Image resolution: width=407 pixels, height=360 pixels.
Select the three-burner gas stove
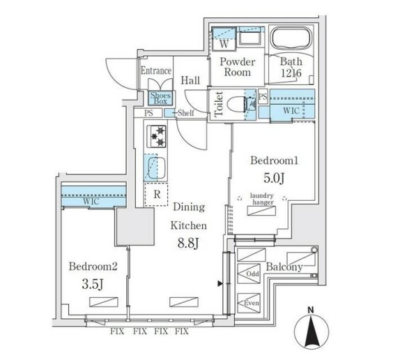[x=157, y=137]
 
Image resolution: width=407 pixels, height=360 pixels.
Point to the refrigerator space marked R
[x=156, y=195]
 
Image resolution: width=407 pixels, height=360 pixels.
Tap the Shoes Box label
[x=161, y=98]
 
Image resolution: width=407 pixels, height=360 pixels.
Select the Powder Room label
[x=237, y=67]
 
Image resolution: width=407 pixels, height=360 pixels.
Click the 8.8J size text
[x=188, y=243]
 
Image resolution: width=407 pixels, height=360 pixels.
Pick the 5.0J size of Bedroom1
[x=275, y=178]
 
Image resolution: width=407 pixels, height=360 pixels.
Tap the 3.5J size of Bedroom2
[x=93, y=284]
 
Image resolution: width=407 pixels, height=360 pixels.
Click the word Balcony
[x=284, y=267]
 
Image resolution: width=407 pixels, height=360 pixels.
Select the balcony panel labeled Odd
[x=249, y=273]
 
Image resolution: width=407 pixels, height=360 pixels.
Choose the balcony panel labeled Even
[x=249, y=303]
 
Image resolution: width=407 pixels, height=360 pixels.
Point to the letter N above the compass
[x=311, y=310]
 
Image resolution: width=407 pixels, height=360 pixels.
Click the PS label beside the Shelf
[x=148, y=113]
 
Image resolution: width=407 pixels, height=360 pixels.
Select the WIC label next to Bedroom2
[x=91, y=201]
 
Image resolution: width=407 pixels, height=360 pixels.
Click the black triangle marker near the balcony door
[x=220, y=283]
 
